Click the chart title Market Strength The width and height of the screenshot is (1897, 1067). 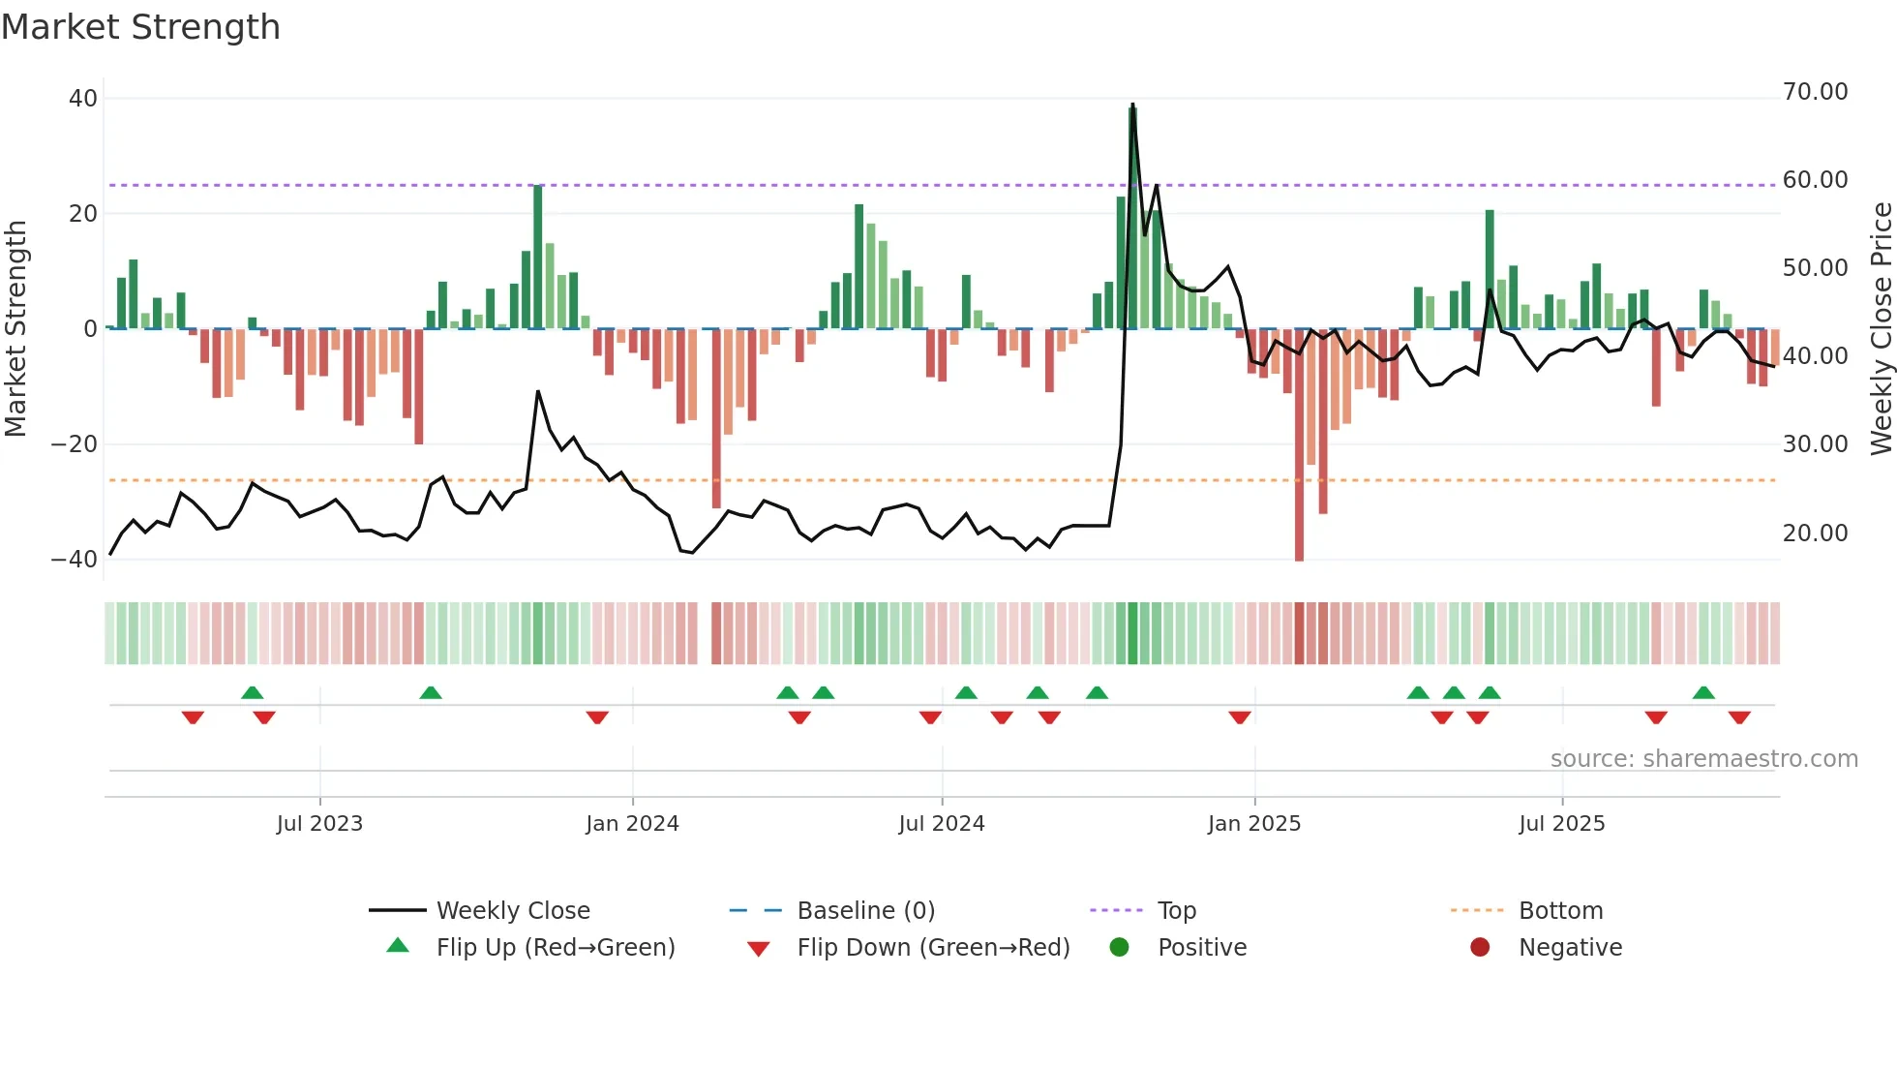[140, 27]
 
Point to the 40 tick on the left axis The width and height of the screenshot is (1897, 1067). [83, 99]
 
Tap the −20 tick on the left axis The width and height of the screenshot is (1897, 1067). [75, 444]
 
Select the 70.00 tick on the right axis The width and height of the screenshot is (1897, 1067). [1815, 92]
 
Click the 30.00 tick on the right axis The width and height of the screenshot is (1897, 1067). [1815, 444]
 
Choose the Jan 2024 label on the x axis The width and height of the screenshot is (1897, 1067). [632, 824]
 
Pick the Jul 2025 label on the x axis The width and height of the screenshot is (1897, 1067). [1561, 824]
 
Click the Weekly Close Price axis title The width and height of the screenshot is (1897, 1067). [1881, 329]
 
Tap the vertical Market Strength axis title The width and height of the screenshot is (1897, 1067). [15, 329]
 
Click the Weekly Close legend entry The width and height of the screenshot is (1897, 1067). [513, 911]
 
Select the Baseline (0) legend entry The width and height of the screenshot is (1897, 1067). [865, 911]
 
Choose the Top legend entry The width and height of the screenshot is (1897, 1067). [1177, 911]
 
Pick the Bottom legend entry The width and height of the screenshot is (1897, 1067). [1560, 911]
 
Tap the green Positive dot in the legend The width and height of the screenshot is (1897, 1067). [1120, 948]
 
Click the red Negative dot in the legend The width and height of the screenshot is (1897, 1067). [1480, 948]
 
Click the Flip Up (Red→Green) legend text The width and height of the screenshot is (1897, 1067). [556, 948]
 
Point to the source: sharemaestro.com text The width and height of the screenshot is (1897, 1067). [1703, 759]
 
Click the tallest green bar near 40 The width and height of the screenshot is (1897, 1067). [1132, 218]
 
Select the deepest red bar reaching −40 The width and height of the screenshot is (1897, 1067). [1299, 445]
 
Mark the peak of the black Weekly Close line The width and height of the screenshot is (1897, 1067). [1132, 105]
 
